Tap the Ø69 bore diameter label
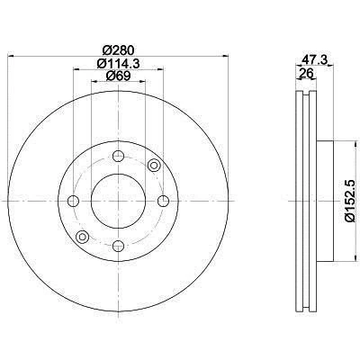coord(117,77)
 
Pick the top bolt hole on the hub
coord(117,158)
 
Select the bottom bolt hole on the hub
coord(117,244)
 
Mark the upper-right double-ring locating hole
coord(153,165)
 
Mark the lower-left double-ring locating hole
coord(82,237)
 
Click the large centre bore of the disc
coord(117,201)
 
